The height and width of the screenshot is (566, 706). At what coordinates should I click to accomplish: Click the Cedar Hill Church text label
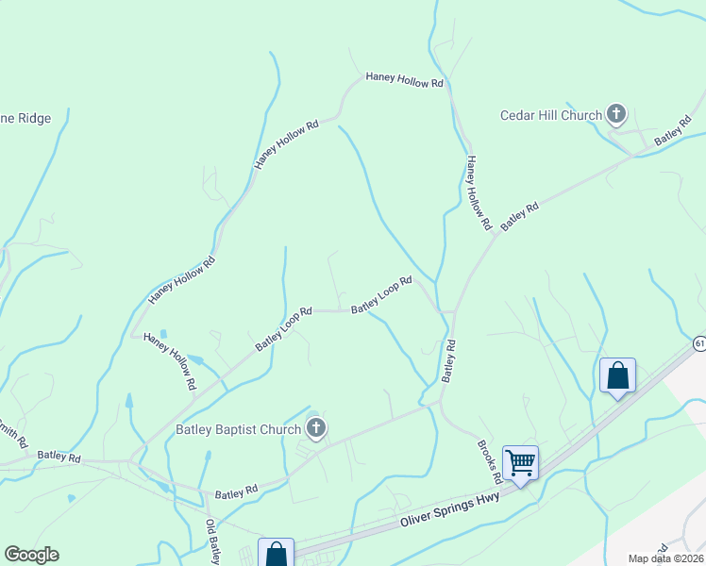point(551,116)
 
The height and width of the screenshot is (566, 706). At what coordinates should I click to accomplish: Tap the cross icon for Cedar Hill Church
point(616,115)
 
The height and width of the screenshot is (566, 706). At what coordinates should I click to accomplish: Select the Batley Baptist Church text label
point(238,430)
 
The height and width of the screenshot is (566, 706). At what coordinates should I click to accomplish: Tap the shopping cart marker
point(520,462)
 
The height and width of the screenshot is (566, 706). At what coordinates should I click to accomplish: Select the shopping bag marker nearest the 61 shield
point(617,375)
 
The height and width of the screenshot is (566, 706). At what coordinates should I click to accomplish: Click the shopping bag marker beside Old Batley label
point(276,554)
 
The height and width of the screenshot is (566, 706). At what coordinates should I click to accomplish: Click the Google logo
point(31,555)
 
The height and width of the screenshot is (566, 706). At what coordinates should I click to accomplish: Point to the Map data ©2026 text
point(665,558)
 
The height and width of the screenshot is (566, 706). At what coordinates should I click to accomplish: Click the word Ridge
point(33,119)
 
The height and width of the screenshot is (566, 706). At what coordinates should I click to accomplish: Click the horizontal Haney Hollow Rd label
point(404,82)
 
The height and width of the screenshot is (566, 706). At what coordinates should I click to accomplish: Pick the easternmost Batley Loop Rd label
point(381,295)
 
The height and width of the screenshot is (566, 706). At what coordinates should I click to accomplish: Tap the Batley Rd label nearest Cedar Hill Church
point(673,133)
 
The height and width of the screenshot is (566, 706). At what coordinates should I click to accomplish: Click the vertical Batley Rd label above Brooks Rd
point(449,360)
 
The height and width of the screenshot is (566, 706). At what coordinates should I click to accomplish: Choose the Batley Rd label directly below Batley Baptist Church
point(236,492)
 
